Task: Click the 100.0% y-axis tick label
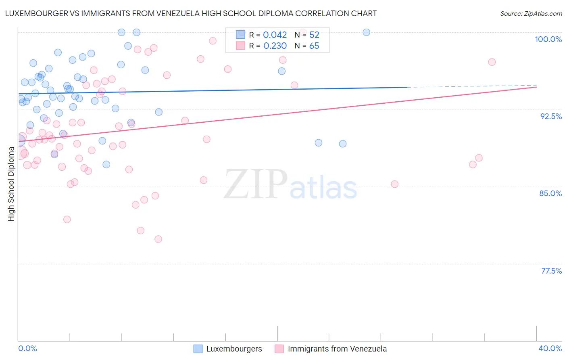tap(548, 39)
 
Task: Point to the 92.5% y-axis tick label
tap(551, 116)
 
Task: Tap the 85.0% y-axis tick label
tap(550, 193)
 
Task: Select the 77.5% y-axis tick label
tap(551, 271)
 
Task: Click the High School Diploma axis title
tap(11, 184)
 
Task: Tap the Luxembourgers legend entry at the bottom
tap(234, 349)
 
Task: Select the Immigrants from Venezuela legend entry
tap(337, 349)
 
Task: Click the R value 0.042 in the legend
tap(275, 35)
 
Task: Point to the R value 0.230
tap(275, 46)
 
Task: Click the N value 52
tap(314, 35)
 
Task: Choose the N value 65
tap(314, 46)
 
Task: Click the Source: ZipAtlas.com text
tap(531, 14)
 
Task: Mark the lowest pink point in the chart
tap(158, 239)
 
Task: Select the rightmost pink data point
tap(492, 62)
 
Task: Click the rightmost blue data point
tap(366, 32)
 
